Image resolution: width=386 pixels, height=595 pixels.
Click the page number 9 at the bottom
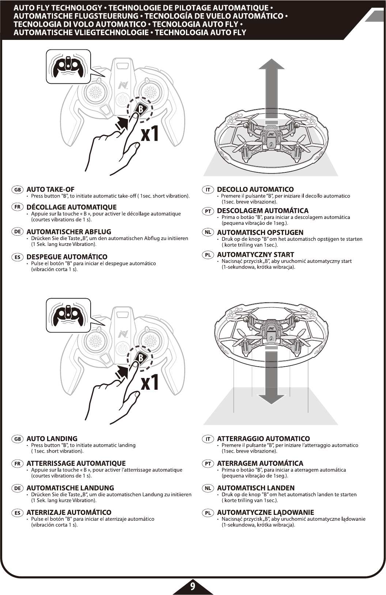pyautogui.click(x=193, y=586)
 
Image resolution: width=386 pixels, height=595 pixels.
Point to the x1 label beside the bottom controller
pyautogui.click(x=150, y=383)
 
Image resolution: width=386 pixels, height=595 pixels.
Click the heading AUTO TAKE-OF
pyautogui.click(x=50, y=190)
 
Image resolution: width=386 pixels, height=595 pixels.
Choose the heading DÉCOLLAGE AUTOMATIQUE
pyautogui.click(x=72, y=207)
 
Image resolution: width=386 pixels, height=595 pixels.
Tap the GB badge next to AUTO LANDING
pyautogui.click(x=18, y=439)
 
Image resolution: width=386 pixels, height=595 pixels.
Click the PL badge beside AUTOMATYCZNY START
pyautogui.click(x=208, y=255)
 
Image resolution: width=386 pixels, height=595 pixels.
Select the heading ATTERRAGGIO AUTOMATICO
pyautogui.click(x=263, y=439)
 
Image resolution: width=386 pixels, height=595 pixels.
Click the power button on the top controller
pyautogui.click(x=122, y=100)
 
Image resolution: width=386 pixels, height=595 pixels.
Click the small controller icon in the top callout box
pyautogui.click(x=68, y=66)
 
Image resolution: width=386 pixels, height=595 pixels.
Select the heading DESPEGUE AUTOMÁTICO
pyautogui.click(x=67, y=257)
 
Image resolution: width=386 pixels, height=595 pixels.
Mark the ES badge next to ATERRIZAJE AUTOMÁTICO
pyautogui.click(x=18, y=513)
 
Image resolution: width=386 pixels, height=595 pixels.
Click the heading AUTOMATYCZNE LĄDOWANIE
pyautogui.click(x=265, y=513)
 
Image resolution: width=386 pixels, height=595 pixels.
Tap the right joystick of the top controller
pyautogui.click(x=149, y=91)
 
